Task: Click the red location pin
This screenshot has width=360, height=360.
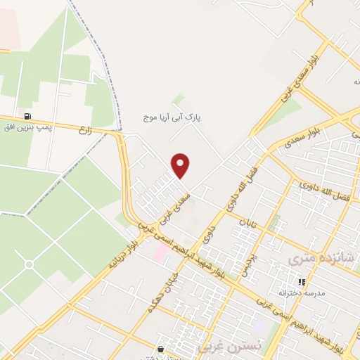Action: click(x=181, y=165)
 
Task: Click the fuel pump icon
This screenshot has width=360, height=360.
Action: click(x=27, y=116)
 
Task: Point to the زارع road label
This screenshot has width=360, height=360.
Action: click(x=87, y=129)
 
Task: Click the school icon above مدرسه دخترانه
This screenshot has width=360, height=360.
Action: click(x=302, y=282)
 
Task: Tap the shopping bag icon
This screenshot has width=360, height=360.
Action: click(x=162, y=349)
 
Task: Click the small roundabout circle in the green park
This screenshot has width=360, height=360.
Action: click(x=30, y=264)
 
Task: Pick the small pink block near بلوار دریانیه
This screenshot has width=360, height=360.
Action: click(x=161, y=252)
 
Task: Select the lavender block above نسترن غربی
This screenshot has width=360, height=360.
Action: click(x=261, y=328)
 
